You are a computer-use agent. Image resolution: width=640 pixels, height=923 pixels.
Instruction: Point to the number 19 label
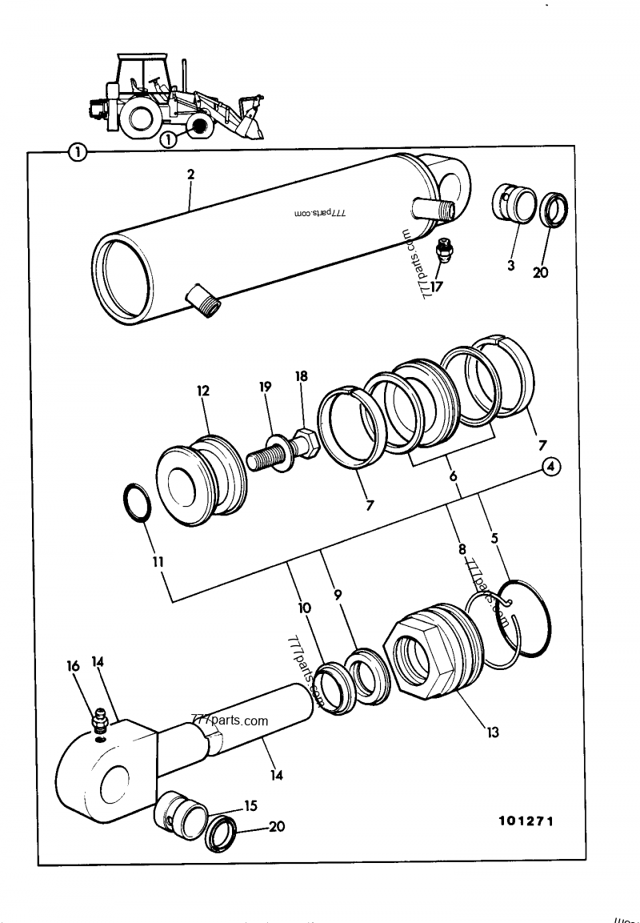coord(266,386)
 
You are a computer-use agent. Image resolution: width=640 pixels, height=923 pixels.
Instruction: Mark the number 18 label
coord(302,375)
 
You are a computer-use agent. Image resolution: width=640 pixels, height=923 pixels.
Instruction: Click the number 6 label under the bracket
coord(453,476)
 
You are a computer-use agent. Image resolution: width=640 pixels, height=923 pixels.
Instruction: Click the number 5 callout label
coord(494,539)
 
